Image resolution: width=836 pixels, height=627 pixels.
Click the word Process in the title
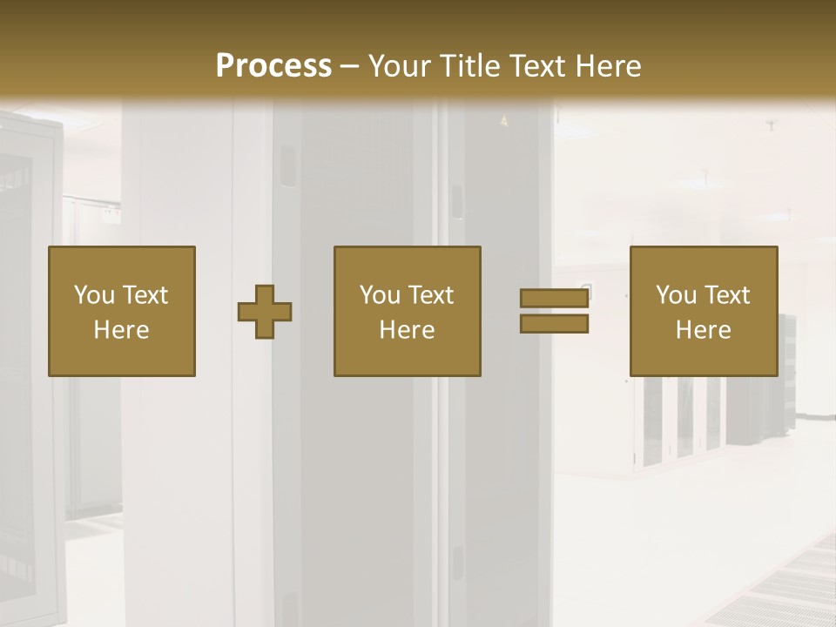pyautogui.click(x=273, y=66)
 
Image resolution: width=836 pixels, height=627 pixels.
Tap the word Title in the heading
pyautogui.click(x=469, y=66)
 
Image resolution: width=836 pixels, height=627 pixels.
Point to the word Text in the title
pyautogui.click(x=538, y=66)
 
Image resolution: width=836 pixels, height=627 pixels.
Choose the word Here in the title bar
pyautogui.click(x=608, y=66)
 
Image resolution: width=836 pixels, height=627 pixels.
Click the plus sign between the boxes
pyautogui.click(x=265, y=312)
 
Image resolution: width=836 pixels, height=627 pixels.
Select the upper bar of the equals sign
pyautogui.click(x=554, y=298)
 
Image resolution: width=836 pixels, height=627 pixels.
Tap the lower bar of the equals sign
pyautogui.click(x=554, y=324)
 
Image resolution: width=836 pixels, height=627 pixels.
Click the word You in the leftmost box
pyautogui.click(x=94, y=295)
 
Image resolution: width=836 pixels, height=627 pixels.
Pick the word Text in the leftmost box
pyautogui.click(x=145, y=295)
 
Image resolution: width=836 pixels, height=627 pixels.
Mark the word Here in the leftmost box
pyautogui.click(x=121, y=330)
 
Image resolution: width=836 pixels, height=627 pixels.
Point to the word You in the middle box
pyautogui.click(x=380, y=295)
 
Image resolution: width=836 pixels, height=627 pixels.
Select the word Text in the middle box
pyautogui.click(x=430, y=295)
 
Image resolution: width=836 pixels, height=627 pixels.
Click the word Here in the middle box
pyautogui.click(x=407, y=330)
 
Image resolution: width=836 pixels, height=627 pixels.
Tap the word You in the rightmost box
pyautogui.click(x=676, y=295)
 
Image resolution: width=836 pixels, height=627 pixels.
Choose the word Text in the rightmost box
pyautogui.click(x=726, y=295)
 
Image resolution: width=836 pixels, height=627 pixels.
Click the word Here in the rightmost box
pyautogui.click(x=703, y=330)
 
